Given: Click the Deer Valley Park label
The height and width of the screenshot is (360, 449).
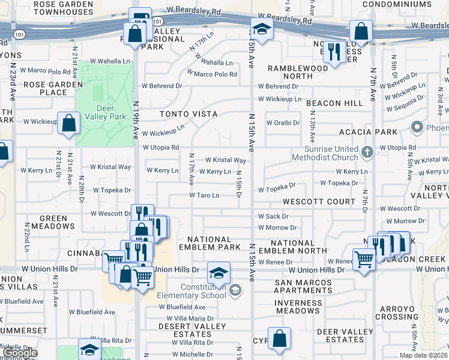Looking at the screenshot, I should click(x=105, y=113).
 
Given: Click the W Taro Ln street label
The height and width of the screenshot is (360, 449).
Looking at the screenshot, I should click(x=204, y=196).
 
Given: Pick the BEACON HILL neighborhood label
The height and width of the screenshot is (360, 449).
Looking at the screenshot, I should click(x=334, y=103).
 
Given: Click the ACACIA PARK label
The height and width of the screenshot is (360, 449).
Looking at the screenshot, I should click(x=376, y=132).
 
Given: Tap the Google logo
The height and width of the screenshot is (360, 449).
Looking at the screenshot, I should click(x=20, y=353).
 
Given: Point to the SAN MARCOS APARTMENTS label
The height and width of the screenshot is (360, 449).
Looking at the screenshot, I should click(x=303, y=286).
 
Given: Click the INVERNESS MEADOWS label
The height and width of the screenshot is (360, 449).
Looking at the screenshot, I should click(x=298, y=307).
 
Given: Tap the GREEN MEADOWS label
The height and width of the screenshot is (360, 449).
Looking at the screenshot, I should click(x=58, y=222).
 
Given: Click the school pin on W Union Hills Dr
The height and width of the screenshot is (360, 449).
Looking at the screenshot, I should click(x=218, y=272).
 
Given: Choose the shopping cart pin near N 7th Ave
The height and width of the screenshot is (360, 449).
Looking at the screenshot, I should click(x=364, y=259).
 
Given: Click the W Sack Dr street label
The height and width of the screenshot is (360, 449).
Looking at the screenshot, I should click(x=273, y=216).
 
